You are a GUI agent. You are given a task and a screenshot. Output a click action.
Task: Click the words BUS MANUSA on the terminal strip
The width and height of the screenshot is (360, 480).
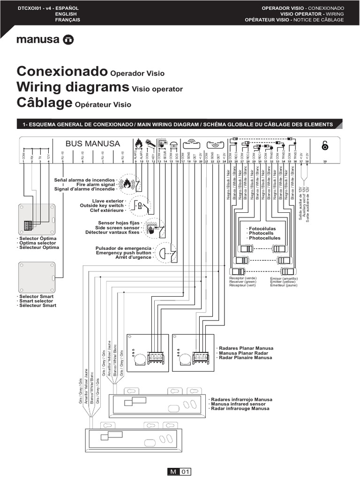92,143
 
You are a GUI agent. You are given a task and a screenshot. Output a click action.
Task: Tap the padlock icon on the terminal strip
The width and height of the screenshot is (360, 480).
325,145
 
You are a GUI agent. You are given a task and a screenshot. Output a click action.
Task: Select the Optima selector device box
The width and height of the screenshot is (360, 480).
37,219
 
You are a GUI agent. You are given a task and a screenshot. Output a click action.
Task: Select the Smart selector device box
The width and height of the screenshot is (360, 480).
37,277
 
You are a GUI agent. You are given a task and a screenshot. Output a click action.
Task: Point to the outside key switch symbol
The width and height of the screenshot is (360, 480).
141,205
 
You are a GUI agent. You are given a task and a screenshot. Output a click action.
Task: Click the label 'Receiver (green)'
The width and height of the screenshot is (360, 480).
243,282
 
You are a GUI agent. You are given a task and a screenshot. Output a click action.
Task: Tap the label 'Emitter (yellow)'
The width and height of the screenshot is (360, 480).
285,282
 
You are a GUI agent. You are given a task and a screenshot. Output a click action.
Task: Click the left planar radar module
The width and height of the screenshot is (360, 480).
148,352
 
